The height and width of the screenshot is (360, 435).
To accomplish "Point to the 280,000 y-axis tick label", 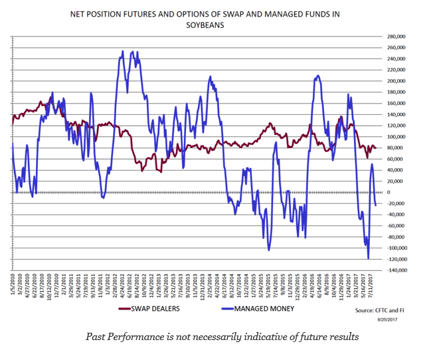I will click(x=396, y=37).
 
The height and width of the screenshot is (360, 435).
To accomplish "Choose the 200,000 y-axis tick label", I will click(x=396, y=81).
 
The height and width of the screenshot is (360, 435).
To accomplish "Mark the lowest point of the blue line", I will click(x=368, y=258).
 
